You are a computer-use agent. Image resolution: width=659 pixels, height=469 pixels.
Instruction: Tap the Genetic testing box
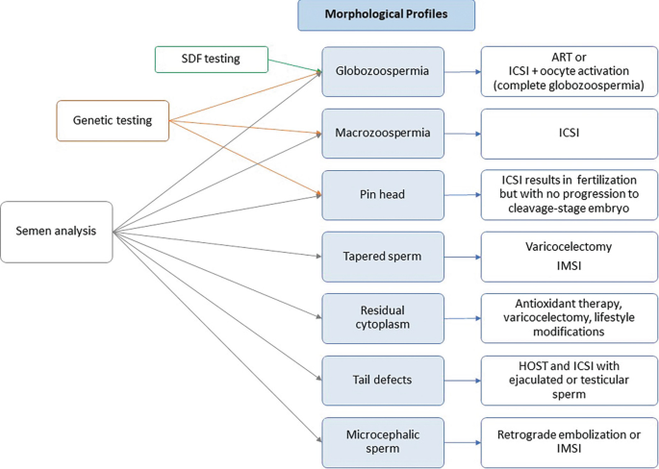[x=112, y=120]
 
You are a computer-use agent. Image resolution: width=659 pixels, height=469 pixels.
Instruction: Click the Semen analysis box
[x=56, y=232]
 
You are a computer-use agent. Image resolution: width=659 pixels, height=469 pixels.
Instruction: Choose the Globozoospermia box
[x=383, y=71]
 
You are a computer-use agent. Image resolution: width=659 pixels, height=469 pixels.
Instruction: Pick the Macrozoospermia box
[x=383, y=133]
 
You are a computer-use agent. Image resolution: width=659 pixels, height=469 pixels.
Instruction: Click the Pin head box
[x=383, y=195]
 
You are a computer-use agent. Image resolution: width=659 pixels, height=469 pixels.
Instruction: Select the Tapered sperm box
[x=383, y=256]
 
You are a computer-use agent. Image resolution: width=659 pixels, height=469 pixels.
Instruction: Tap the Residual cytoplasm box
[x=383, y=318]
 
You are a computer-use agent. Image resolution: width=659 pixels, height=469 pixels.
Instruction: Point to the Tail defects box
[x=383, y=380]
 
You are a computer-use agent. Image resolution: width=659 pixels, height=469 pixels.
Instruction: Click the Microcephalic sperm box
[x=383, y=441]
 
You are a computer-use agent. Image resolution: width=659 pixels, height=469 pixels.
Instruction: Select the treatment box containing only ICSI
[x=570, y=134]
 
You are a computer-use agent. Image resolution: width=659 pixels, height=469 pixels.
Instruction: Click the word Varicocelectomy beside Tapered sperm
[x=570, y=247]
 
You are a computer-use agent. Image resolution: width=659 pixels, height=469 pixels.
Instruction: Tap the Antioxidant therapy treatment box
[x=570, y=318]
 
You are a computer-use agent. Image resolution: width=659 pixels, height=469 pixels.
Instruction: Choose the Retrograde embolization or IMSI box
[x=570, y=441]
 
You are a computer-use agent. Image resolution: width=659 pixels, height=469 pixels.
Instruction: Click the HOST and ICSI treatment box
[x=570, y=380]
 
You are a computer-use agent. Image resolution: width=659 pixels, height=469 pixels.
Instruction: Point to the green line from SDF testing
[x=293, y=65]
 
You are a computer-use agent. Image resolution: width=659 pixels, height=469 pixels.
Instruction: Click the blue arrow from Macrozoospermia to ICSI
[x=463, y=134]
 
